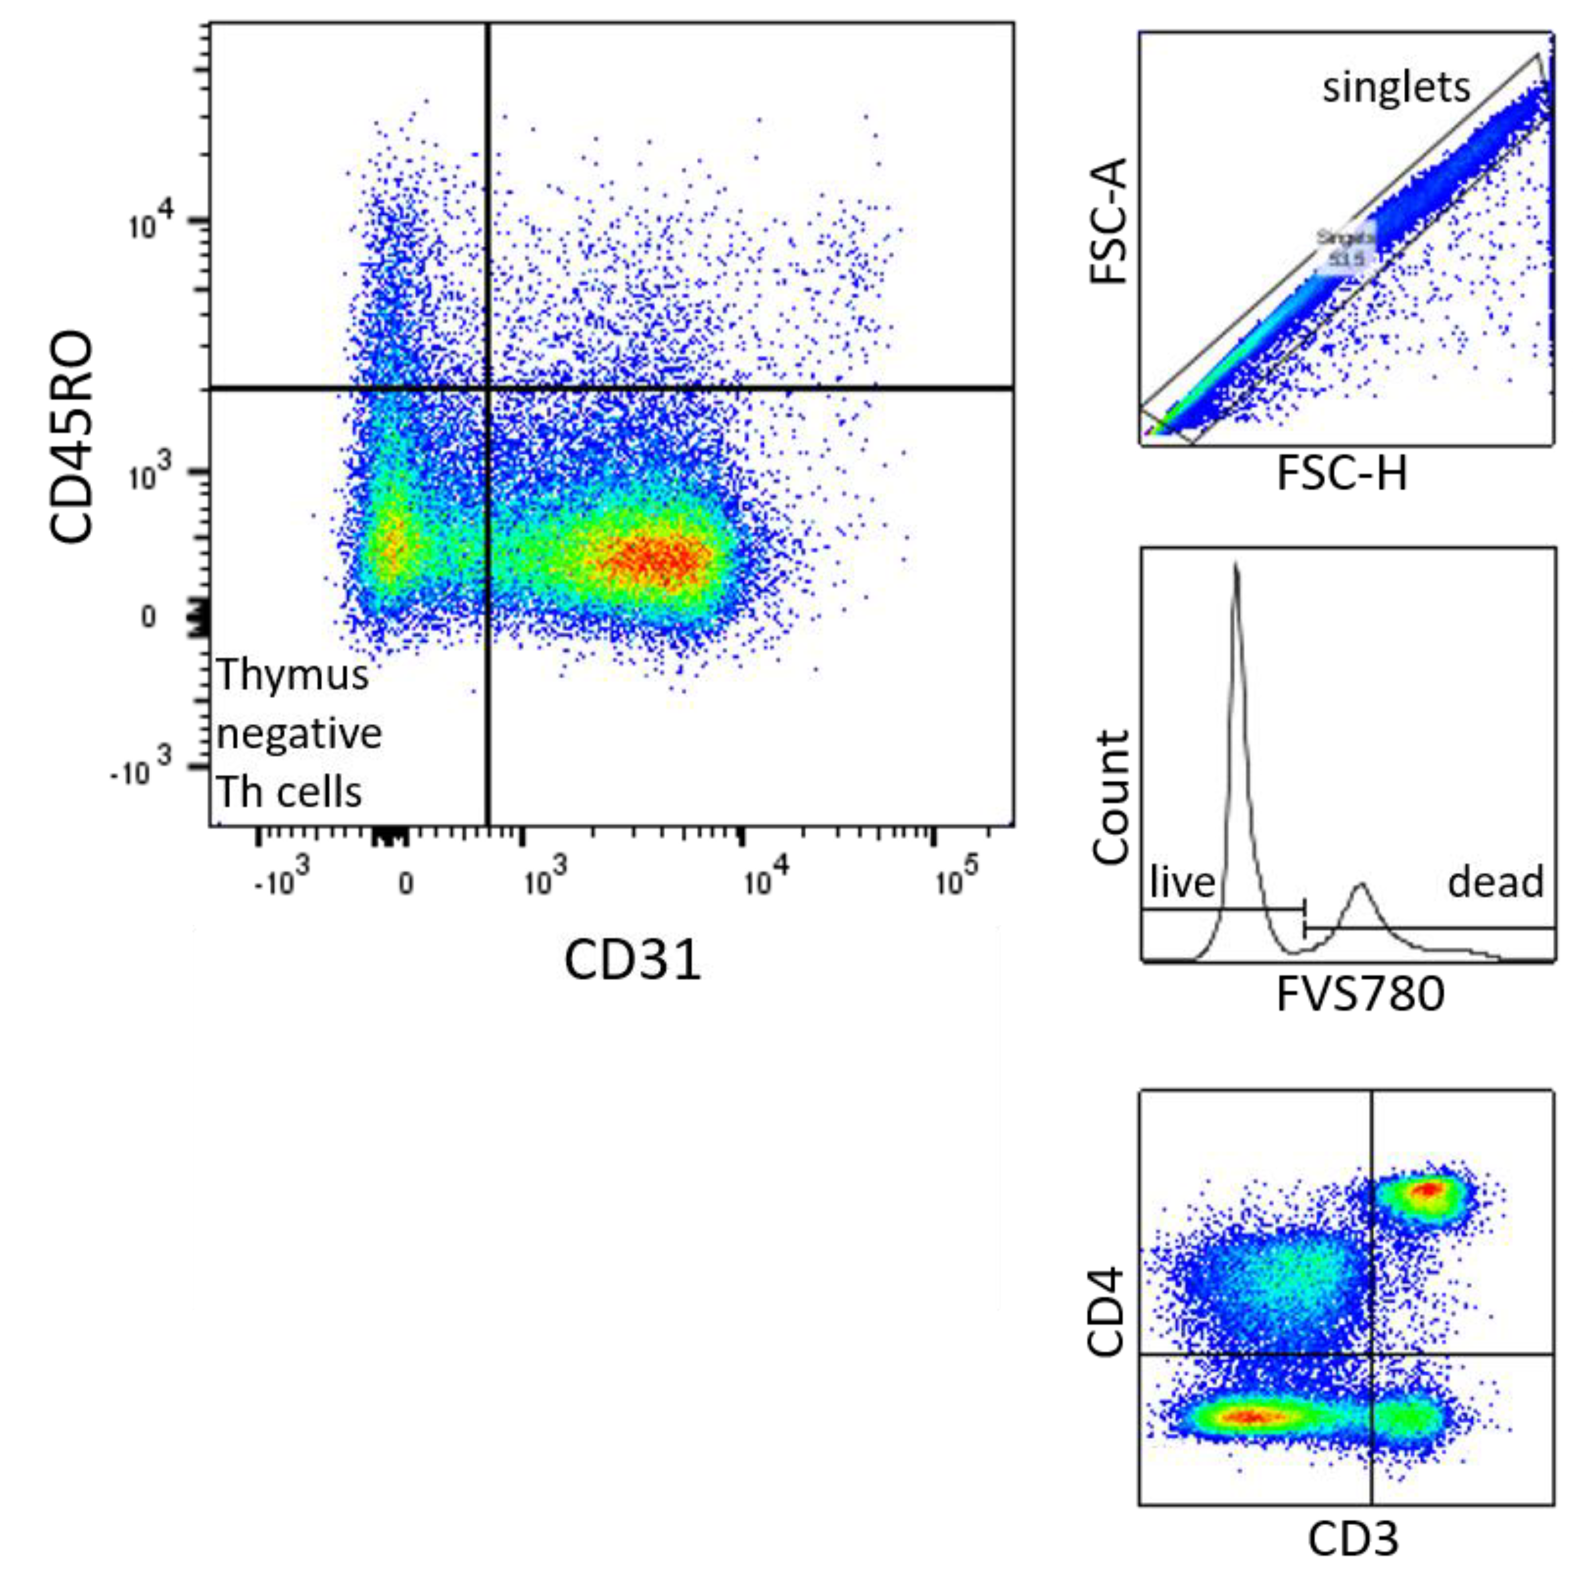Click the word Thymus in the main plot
click(x=292, y=675)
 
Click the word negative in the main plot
click(x=299, y=734)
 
